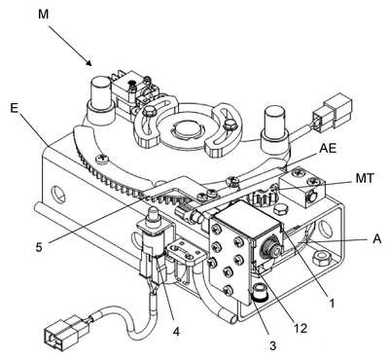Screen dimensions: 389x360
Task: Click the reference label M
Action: click(44, 15)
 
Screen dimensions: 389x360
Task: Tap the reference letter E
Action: click(14, 108)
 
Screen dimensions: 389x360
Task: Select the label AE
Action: click(328, 149)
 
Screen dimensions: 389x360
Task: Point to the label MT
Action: click(365, 178)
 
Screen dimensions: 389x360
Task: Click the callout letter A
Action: click(377, 239)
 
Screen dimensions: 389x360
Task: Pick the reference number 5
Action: click(39, 248)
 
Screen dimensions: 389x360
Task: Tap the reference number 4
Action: click(176, 332)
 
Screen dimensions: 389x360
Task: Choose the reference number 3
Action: click(272, 345)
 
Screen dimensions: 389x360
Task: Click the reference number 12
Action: click(300, 329)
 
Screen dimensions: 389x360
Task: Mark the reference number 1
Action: click(332, 304)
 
